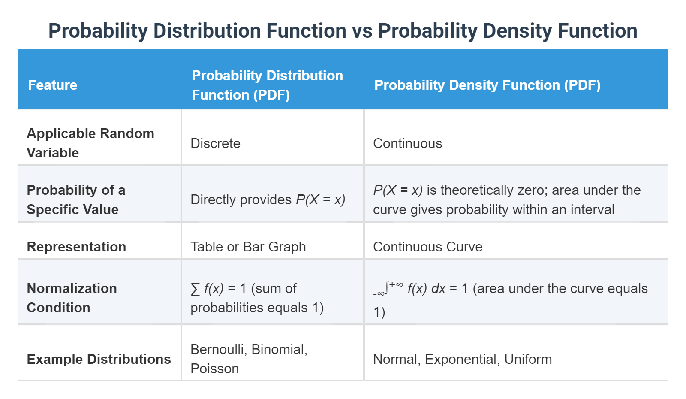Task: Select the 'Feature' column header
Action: click(x=52, y=85)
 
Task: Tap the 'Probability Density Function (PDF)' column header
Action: click(x=487, y=85)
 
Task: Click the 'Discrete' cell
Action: click(x=215, y=143)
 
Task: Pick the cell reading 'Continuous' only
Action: click(x=407, y=143)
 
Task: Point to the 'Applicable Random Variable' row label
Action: click(x=90, y=143)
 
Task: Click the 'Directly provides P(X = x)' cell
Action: click(x=268, y=199)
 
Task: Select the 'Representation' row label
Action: click(x=76, y=247)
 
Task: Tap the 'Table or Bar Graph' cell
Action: click(x=248, y=247)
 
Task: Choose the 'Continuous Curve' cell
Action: click(x=427, y=247)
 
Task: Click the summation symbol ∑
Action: click(x=195, y=289)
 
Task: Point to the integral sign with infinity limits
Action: click(x=388, y=287)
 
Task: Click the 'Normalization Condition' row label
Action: click(x=72, y=298)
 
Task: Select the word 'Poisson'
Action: click(x=214, y=369)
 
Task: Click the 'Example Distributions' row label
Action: click(x=99, y=359)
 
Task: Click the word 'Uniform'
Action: click(x=528, y=359)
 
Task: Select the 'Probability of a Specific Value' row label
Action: click(x=76, y=199)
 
